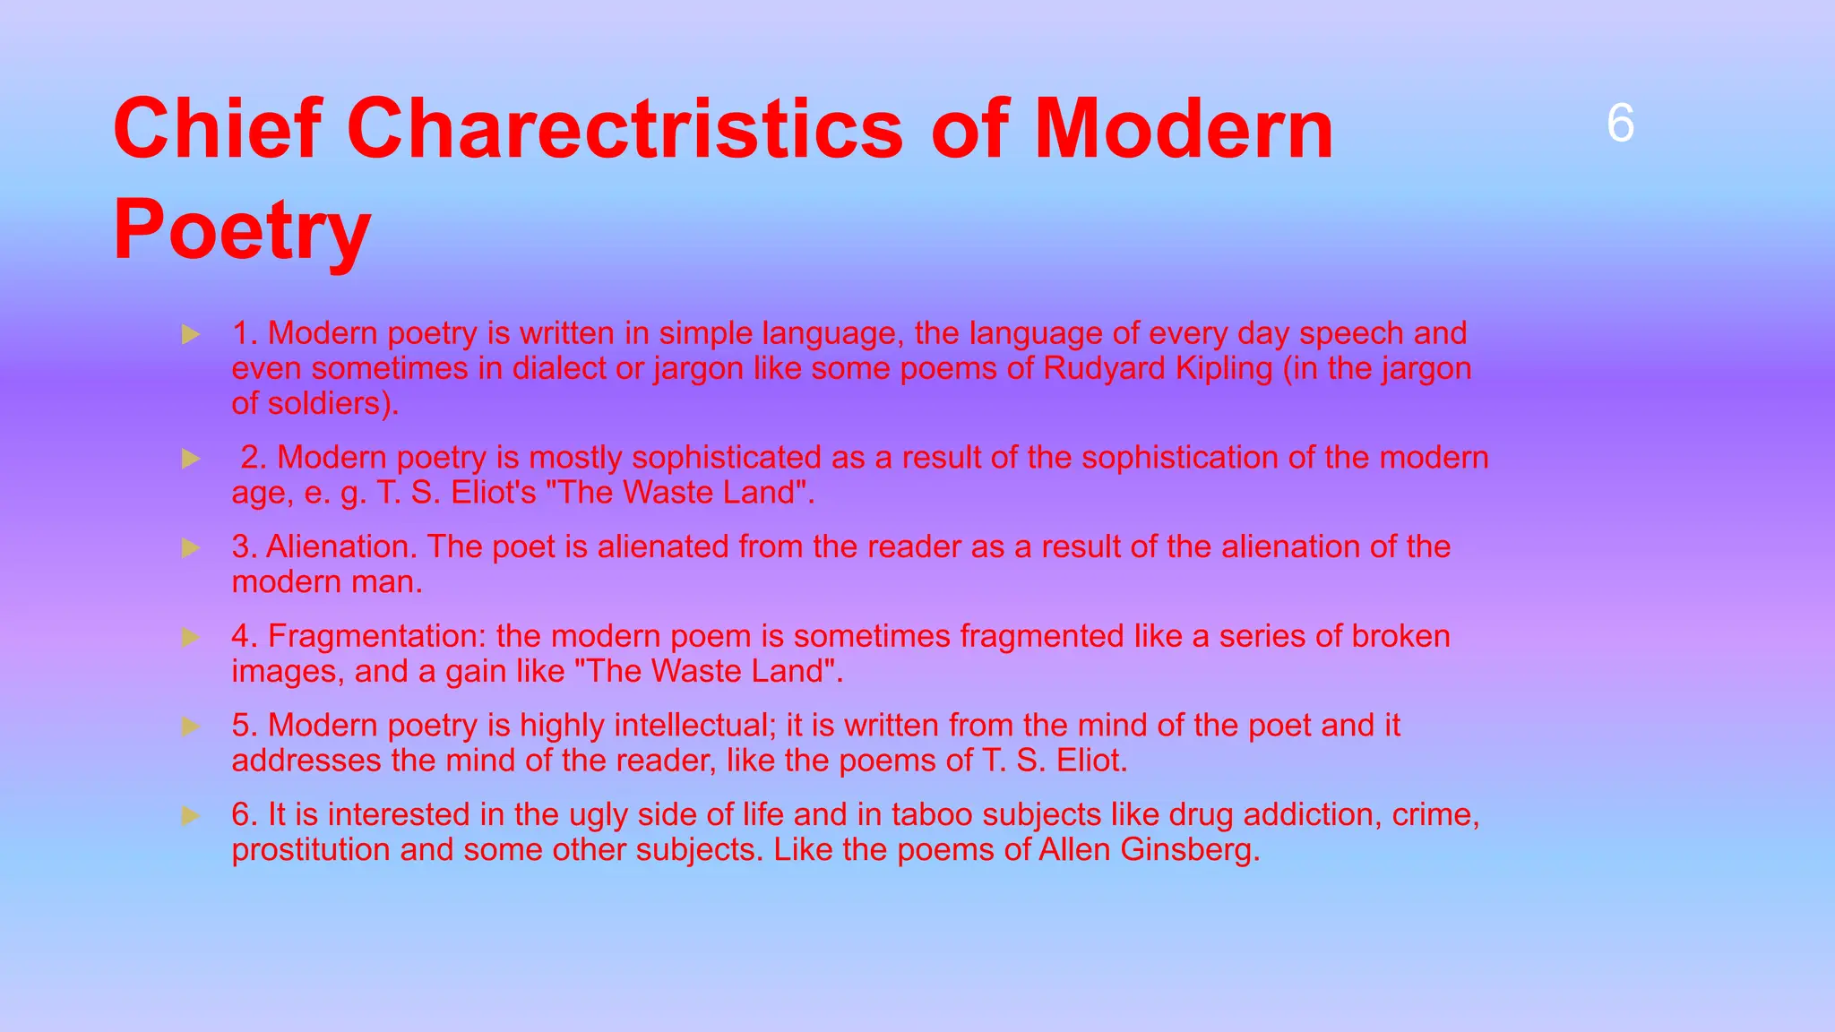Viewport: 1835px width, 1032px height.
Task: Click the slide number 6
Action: click(1620, 124)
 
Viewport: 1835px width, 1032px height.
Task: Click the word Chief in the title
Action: click(216, 129)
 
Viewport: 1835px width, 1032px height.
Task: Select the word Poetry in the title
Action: click(242, 230)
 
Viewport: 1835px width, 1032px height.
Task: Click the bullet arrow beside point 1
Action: click(190, 335)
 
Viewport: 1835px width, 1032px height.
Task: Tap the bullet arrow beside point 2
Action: click(190, 459)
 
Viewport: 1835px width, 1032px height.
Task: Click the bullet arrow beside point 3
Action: click(190, 547)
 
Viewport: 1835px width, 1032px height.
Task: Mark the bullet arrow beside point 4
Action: click(190, 637)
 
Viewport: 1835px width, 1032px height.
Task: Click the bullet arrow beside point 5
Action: click(190, 726)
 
